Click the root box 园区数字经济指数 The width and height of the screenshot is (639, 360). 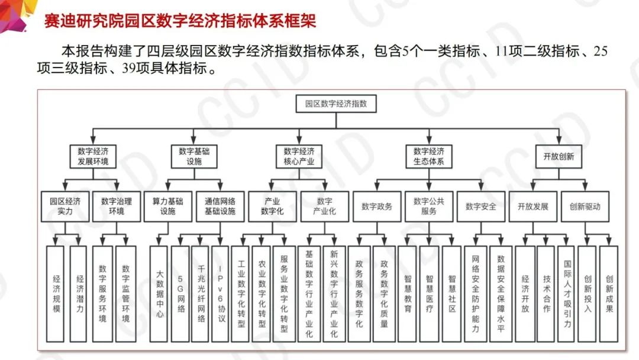pyautogui.click(x=336, y=104)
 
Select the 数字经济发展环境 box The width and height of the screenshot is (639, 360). pyautogui.click(x=93, y=156)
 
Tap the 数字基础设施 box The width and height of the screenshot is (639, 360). pyautogui.click(x=194, y=156)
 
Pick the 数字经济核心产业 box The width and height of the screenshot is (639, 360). pyautogui.click(x=299, y=156)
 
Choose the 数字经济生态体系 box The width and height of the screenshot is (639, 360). pyautogui.click(x=429, y=156)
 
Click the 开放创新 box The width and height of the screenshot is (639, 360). pyautogui.click(x=559, y=156)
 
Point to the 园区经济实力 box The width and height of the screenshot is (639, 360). pyautogui.click(x=65, y=206)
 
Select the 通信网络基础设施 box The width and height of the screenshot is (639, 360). pyautogui.click(x=220, y=206)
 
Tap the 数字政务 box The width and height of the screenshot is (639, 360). pyautogui.click(x=377, y=206)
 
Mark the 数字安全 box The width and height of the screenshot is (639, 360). pyautogui.click(x=481, y=206)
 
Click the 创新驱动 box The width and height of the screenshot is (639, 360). pyautogui.click(x=585, y=206)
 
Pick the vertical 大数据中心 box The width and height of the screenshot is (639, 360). pyautogui.click(x=159, y=294)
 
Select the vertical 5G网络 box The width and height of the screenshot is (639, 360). pyautogui.click(x=180, y=294)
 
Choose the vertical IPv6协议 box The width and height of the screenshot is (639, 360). pyautogui.click(x=220, y=294)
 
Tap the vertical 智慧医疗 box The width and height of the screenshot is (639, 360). pyautogui.click(x=429, y=294)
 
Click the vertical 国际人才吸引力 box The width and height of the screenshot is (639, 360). pyautogui.click(x=567, y=294)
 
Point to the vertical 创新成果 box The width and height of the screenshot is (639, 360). pyautogui.click(x=609, y=294)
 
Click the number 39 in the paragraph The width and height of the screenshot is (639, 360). pyautogui.click(x=129, y=68)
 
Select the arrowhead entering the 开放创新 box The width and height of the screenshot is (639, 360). pyautogui.click(x=559, y=141)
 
